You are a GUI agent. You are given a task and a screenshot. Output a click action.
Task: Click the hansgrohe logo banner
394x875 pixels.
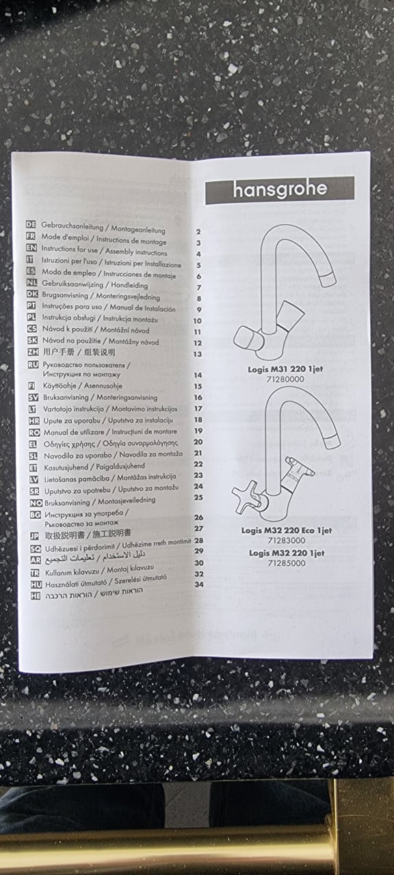[280, 190]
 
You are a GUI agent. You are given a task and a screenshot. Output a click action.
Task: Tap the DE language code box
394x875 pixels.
[31, 224]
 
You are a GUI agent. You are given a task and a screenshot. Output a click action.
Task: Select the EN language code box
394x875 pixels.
[31, 247]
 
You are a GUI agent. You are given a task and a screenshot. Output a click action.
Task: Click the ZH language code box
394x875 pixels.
[33, 352]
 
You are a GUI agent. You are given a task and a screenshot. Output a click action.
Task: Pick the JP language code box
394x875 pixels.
[35, 537]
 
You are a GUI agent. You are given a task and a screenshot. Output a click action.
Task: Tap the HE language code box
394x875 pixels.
[36, 596]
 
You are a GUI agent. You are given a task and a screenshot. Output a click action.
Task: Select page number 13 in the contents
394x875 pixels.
[198, 354]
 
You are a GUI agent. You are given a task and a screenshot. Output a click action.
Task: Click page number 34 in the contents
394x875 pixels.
[199, 584]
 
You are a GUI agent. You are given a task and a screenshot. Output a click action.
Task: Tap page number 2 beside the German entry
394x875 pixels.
[198, 232]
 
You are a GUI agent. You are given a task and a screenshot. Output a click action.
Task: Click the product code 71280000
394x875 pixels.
[285, 379]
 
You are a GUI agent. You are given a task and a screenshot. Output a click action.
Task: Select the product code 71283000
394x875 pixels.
[287, 541]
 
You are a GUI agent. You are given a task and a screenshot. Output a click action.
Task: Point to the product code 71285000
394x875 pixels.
[287, 563]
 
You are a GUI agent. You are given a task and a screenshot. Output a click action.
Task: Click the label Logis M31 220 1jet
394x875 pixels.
[285, 368]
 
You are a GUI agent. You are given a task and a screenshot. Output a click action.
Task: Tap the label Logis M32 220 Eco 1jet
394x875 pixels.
[287, 530]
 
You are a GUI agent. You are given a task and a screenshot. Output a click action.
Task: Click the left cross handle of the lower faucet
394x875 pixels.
[247, 497]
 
